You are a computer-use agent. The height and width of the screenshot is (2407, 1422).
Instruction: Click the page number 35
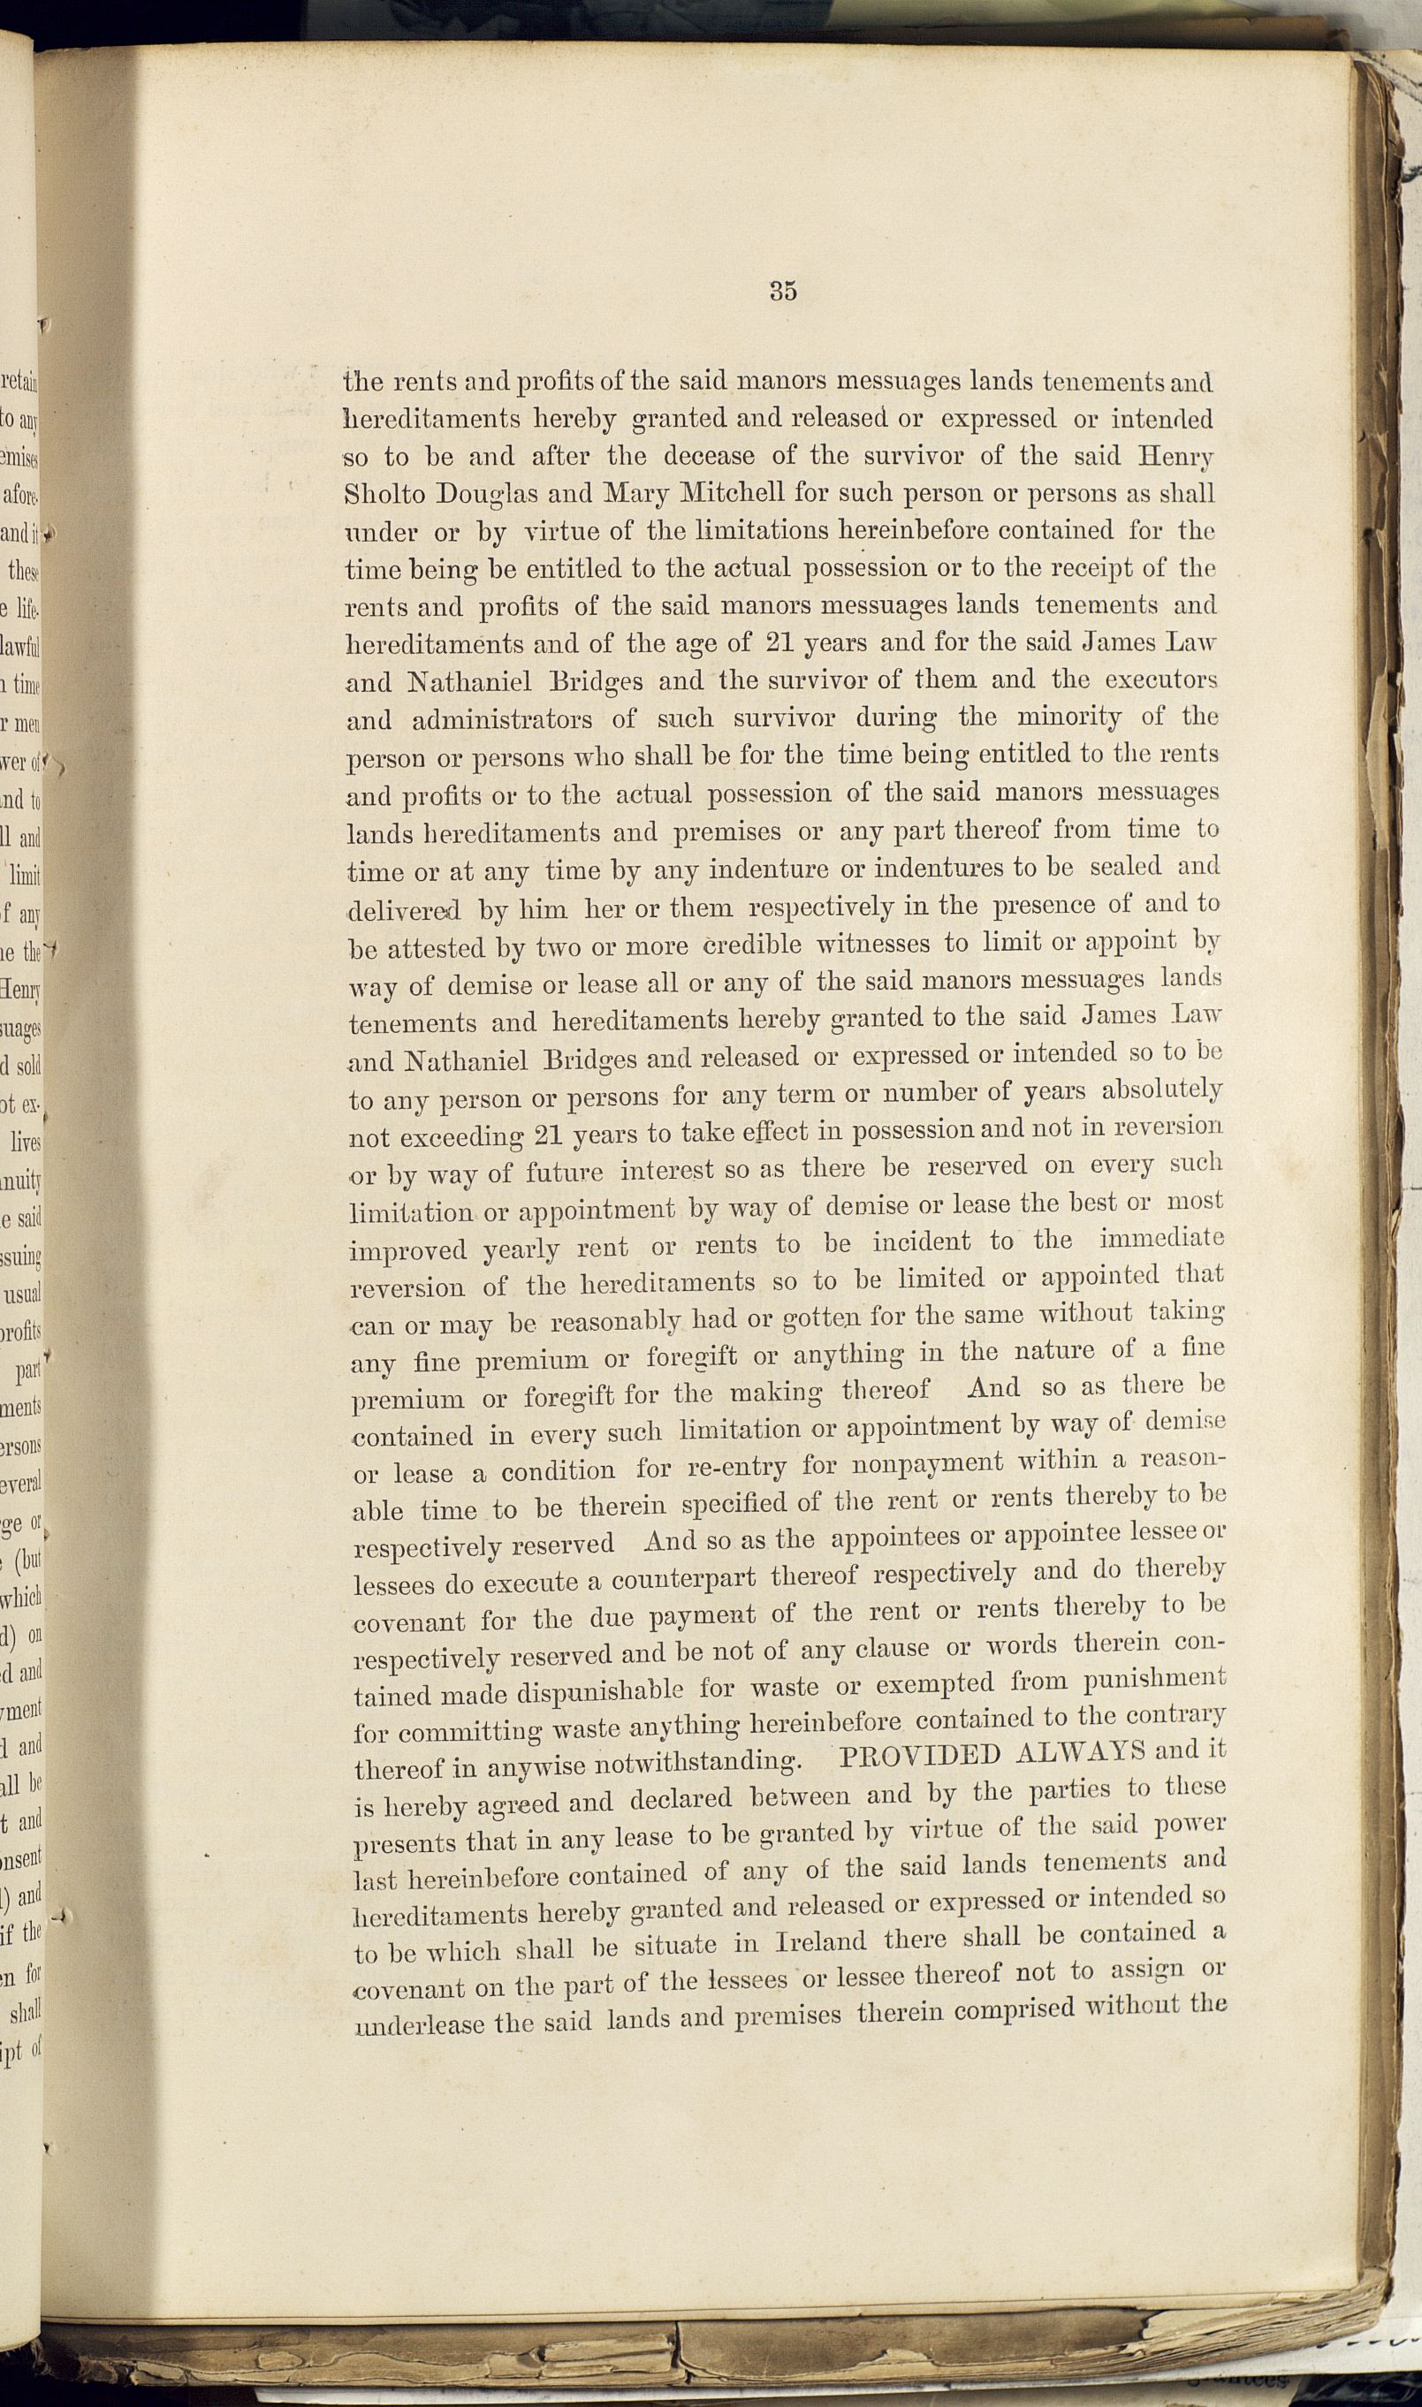click(783, 292)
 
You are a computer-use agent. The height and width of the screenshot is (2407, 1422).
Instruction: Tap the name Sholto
click(384, 494)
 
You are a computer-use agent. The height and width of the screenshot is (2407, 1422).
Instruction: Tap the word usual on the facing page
click(22, 1295)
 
